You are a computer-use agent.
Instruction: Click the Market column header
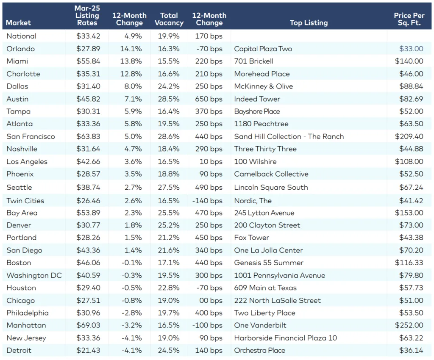pos(19,22)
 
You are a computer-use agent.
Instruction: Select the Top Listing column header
pos(309,22)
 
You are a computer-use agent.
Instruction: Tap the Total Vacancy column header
pos(169,19)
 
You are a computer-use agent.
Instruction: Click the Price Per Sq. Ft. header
pos(409,19)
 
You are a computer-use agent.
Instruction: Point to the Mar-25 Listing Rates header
pos(87,16)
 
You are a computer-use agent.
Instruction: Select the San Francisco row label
pos(31,136)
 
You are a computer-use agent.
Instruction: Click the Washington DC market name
pos(34,275)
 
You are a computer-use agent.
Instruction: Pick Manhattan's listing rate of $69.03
pos(88,325)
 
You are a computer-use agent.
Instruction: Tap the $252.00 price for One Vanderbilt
pos(409,325)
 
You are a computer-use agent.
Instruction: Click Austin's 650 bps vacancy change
pos(209,99)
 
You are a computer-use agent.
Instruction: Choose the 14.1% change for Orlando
pos(131,49)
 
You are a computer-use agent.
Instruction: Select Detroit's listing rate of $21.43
pos(88,350)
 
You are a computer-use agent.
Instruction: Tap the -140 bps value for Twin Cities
pos(207,201)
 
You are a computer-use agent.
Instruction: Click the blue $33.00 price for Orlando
pos(411,49)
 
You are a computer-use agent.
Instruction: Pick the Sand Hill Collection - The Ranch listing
pos(289,136)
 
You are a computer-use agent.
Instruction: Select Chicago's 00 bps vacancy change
pos(211,300)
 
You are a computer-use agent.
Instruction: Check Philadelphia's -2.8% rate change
pos(131,313)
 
